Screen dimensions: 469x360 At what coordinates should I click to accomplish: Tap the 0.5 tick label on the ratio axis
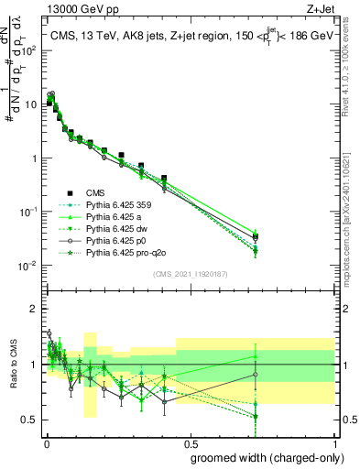30,420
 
